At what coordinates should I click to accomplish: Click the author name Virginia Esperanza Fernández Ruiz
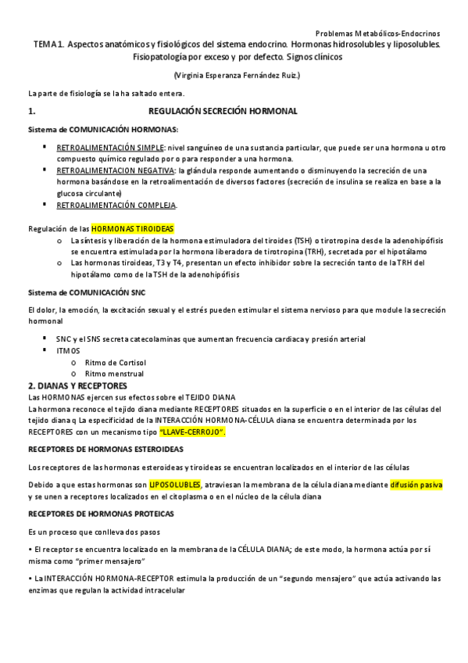(237, 75)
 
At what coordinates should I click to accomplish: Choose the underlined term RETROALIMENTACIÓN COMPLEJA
(116, 205)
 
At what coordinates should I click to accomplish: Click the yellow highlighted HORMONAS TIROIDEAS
(133, 228)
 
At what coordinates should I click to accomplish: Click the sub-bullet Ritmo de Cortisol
(115, 362)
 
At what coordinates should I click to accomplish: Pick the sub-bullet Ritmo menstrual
(114, 374)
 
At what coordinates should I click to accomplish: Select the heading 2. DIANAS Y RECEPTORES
(77, 385)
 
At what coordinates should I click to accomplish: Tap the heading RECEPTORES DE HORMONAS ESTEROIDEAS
(105, 450)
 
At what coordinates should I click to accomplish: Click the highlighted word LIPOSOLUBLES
(175, 485)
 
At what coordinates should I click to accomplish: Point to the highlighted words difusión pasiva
(416, 485)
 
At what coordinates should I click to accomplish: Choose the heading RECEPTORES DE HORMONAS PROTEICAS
(101, 514)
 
